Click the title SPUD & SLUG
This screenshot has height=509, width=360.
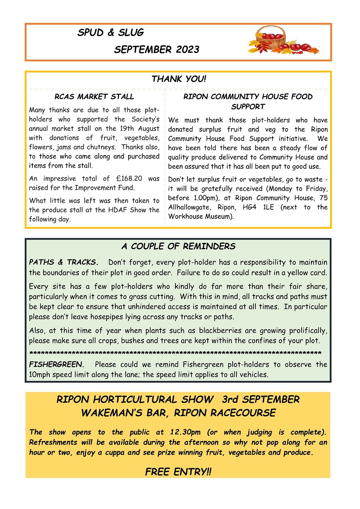point(110,33)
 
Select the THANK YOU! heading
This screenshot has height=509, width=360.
point(178,79)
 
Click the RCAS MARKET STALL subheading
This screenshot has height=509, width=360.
point(94,97)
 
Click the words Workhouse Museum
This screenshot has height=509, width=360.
point(200,216)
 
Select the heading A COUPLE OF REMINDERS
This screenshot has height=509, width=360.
point(178,247)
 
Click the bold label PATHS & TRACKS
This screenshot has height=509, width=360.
point(63,262)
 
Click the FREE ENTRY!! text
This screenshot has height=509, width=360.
point(178,472)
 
